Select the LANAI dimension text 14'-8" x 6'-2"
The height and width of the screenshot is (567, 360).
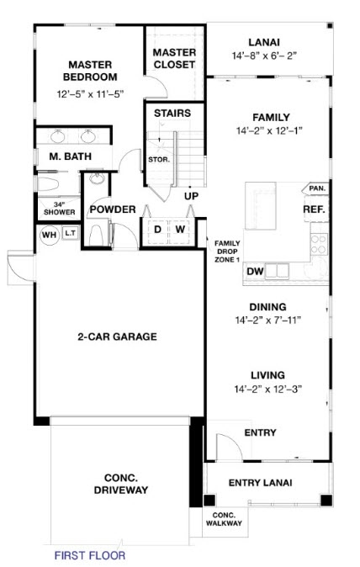[x=264, y=56]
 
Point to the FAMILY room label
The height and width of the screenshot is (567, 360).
[x=264, y=117]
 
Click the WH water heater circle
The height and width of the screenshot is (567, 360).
[x=49, y=236]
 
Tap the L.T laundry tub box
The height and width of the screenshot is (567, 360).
[x=70, y=236]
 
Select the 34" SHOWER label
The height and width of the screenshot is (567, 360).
[x=59, y=209]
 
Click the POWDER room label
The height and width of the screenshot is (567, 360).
[x=113, y=209]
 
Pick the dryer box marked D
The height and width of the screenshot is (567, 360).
[x=157, y=229]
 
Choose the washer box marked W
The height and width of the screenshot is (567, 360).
[x=179, y=229]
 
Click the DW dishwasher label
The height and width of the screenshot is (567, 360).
[x=257, y=271]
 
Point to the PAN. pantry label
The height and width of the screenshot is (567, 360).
[x=316, y=188]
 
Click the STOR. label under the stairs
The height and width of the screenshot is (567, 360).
[x=159, y=159]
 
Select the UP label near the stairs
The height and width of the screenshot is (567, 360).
[x=192, y=196]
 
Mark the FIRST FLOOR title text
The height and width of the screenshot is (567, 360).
[x=90, y=555]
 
